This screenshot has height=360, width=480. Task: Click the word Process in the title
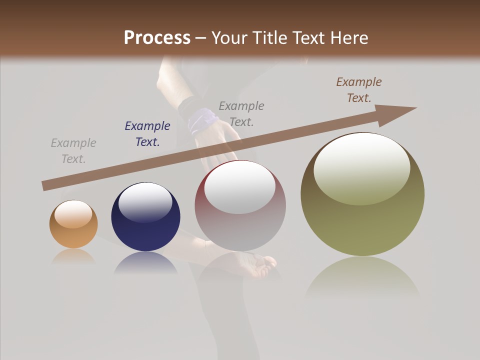[x=157, y=38]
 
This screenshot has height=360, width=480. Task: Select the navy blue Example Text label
[x=147, y=133]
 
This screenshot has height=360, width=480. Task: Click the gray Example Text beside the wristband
[x=241, y=113]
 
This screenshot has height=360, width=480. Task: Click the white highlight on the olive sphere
[x=361, y=167]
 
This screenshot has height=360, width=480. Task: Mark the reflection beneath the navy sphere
[x=145, y=263]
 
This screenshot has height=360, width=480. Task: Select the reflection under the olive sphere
[x=362, y=277]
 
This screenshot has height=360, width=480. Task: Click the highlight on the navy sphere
[x=145, y=202]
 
